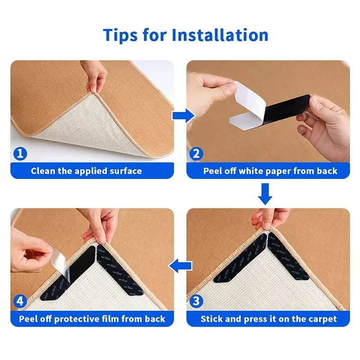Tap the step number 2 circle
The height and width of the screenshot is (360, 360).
(196, 154)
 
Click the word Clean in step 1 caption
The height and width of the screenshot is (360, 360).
(44, 171)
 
